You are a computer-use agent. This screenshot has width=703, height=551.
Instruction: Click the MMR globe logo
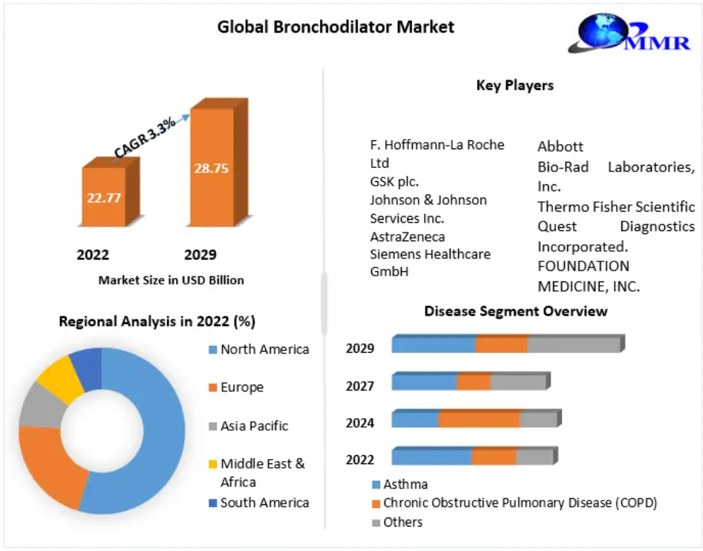point(630,33)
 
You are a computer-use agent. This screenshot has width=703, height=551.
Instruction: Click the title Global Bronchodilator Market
point(336,27)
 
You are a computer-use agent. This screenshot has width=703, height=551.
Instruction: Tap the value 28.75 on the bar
point(211,168)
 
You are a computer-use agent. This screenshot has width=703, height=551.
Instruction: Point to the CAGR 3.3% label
point(144,137)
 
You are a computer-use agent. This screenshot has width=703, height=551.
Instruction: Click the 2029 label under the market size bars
point(200,255)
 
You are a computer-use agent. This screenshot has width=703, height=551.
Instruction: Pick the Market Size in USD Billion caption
point(171,280)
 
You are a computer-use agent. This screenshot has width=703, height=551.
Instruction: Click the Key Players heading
point(514,85)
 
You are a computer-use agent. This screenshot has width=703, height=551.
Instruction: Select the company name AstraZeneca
point(408,237)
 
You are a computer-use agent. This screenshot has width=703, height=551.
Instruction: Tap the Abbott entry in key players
point(560,146)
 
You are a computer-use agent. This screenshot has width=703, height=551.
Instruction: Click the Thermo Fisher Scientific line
point(616,206)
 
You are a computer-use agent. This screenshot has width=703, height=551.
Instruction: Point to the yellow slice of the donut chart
point(61,379)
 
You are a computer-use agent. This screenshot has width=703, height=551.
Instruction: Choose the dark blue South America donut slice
point(87,368)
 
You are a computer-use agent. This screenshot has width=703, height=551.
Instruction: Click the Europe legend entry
point(236,388)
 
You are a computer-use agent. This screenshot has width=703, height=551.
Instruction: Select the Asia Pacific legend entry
point(249,426)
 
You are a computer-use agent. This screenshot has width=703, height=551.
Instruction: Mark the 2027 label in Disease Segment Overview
point(359,386)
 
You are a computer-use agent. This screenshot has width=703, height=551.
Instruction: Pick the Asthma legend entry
point(400,484)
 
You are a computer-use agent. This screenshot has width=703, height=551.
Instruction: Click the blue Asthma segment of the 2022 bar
point(432,457)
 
